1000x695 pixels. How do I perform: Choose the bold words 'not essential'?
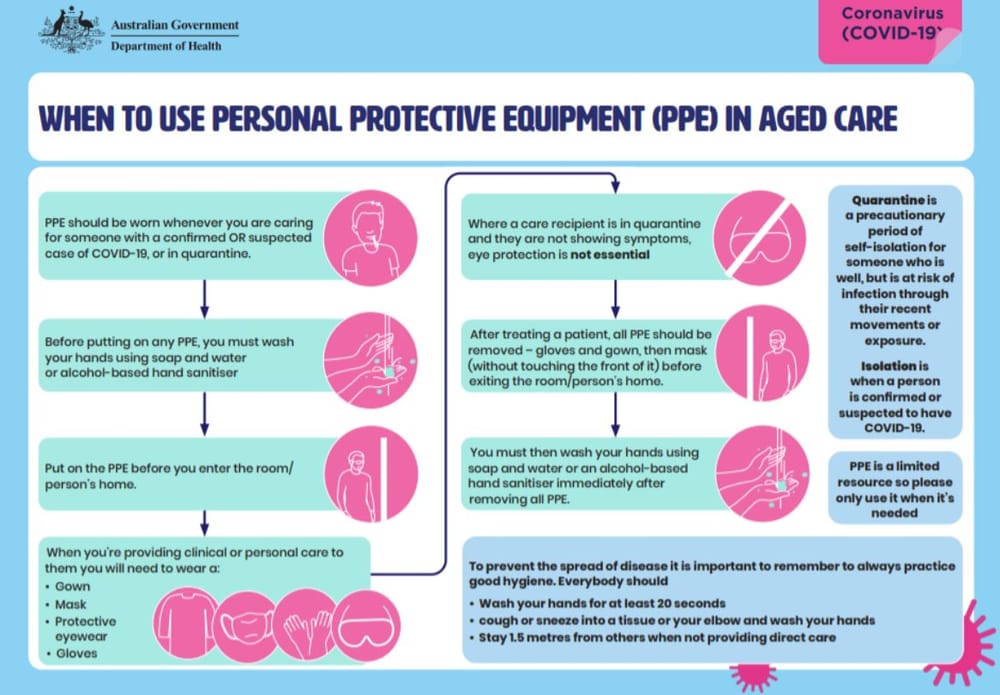[x=611, y=256]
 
